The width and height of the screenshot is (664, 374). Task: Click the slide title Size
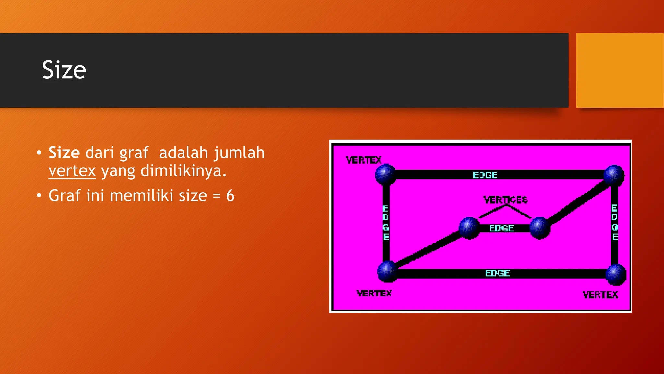coord(64,70)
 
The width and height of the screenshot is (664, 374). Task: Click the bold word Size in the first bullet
coord(64,153)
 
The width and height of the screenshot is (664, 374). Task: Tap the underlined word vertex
coord(72,171)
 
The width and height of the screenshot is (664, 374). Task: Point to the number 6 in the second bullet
coord(230,195)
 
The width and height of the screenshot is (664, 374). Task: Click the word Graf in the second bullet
coord(64,195)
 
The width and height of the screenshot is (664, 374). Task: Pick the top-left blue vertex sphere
coord(385,174)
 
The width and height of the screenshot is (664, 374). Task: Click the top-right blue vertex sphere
coord(614,175)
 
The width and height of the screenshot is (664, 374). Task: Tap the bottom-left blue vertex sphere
coord(387,271)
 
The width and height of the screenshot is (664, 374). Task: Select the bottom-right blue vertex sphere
coord(616,274)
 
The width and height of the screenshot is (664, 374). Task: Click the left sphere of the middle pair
coord(469,228)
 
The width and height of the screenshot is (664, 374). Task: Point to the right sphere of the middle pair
coord(540,228)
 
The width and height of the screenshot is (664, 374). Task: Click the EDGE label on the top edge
coord(485,175)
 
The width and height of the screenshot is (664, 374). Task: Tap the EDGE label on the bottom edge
coord(497,273)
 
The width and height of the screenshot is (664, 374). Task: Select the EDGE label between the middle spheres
coord(502,229)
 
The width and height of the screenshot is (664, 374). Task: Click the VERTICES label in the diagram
coord(505,200)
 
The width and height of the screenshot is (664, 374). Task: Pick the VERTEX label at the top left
coord(363,160)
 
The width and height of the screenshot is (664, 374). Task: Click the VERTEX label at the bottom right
coord(600,295)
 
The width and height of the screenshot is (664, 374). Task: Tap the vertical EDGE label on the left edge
coord(385,222)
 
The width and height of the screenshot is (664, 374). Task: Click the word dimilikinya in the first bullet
coord(184,171)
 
